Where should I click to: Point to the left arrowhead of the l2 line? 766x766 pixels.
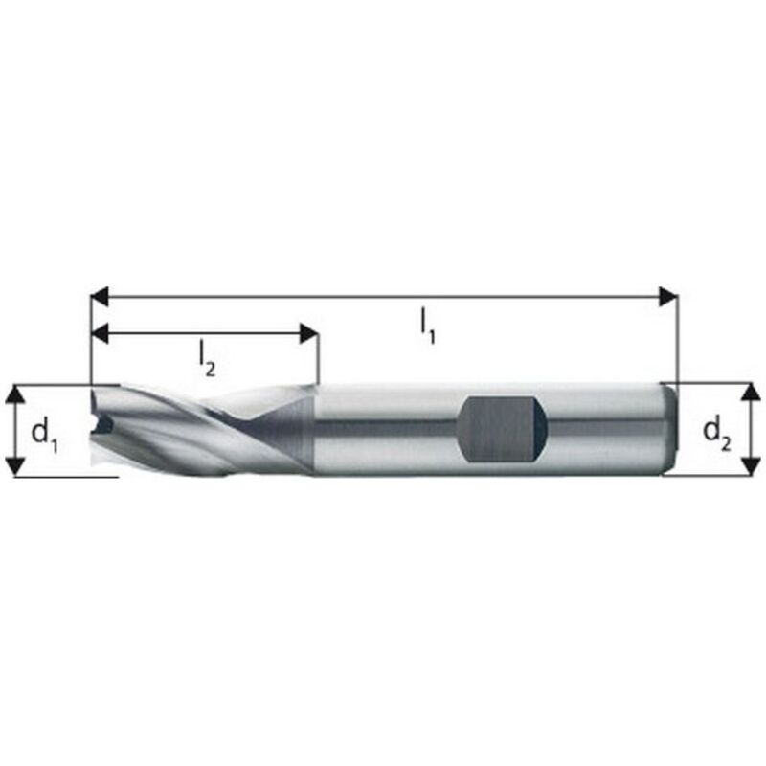point(101,333)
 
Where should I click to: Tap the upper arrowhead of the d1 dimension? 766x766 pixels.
point(14,394)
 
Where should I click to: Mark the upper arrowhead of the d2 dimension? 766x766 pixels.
point(751,392)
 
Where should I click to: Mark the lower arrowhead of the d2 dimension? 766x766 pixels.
point(751,466)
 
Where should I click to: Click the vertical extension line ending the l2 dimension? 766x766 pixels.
point(317,359)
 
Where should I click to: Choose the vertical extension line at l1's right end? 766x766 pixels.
point(678,335)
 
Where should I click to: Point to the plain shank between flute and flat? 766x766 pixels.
point(383,429)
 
